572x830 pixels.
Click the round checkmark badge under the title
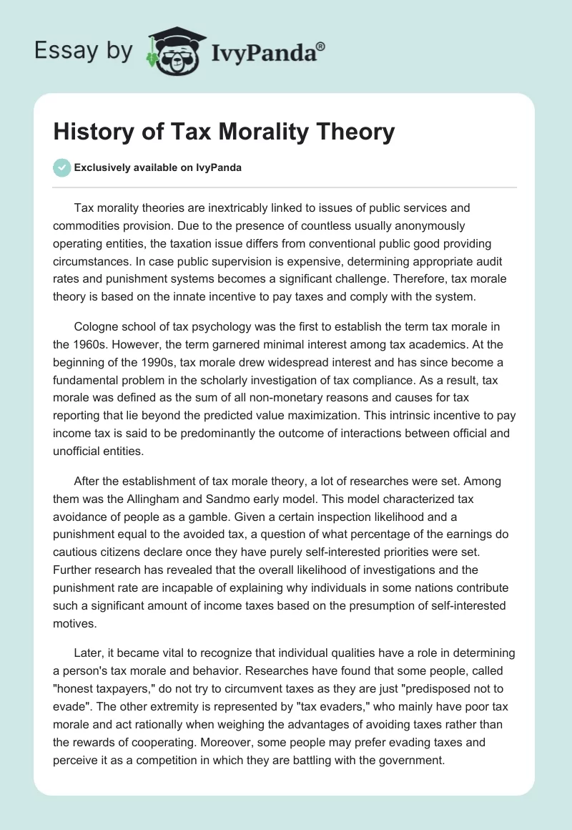61,167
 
